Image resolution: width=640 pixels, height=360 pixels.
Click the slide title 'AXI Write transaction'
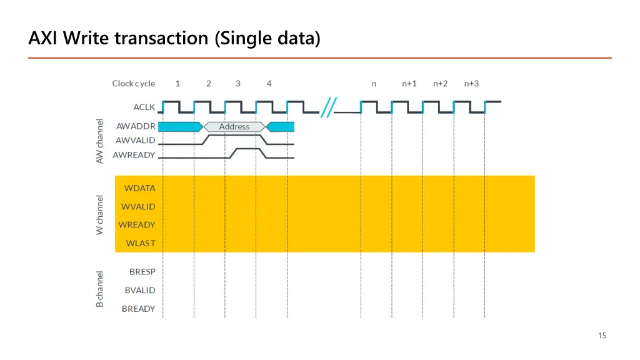click(174, 39)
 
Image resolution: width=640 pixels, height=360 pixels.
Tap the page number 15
click(602, 336)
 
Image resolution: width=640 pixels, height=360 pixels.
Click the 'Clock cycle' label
click(134, 84)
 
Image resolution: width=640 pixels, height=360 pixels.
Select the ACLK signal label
click(144, 107)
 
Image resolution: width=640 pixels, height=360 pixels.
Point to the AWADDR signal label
click(136, 126)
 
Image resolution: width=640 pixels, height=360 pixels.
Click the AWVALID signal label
click(136, 141)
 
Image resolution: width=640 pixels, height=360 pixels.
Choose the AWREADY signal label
click(134, 155)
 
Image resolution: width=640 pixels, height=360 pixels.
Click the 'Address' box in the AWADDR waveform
click(234, 127)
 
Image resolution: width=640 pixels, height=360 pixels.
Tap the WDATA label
click(140, 188)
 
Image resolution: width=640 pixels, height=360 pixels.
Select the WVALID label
click(138, 206)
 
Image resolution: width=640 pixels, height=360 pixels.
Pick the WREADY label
click(137, 224)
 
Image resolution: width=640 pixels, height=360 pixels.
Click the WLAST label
click(141, 243)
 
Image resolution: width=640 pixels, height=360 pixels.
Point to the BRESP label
click(142, 272)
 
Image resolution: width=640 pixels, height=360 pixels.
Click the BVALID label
click(140, 290)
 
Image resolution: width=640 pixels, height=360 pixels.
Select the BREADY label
click(138, 309)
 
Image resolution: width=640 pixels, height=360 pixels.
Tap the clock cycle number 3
click(238, 84)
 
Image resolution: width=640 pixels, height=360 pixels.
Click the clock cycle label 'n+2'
click(441, 84)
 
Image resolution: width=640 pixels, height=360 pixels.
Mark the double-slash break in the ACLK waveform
click(328, 107)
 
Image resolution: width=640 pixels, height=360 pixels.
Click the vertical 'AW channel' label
click(99, 141)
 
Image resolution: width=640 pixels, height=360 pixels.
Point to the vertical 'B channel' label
click(99, 289)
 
